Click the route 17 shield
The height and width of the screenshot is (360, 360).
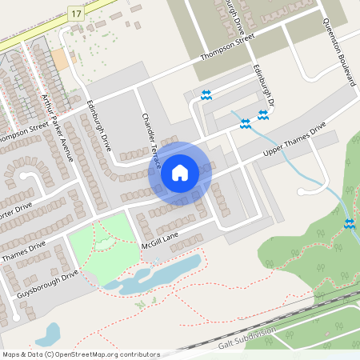click(x=75, y=14)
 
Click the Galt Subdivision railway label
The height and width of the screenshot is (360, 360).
click(x=247, y=338)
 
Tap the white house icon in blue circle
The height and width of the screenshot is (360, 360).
click(x=180, y=171)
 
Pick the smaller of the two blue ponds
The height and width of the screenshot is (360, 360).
click(x=47, y=333)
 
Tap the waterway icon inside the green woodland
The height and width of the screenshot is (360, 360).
click(x=349, y=223)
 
